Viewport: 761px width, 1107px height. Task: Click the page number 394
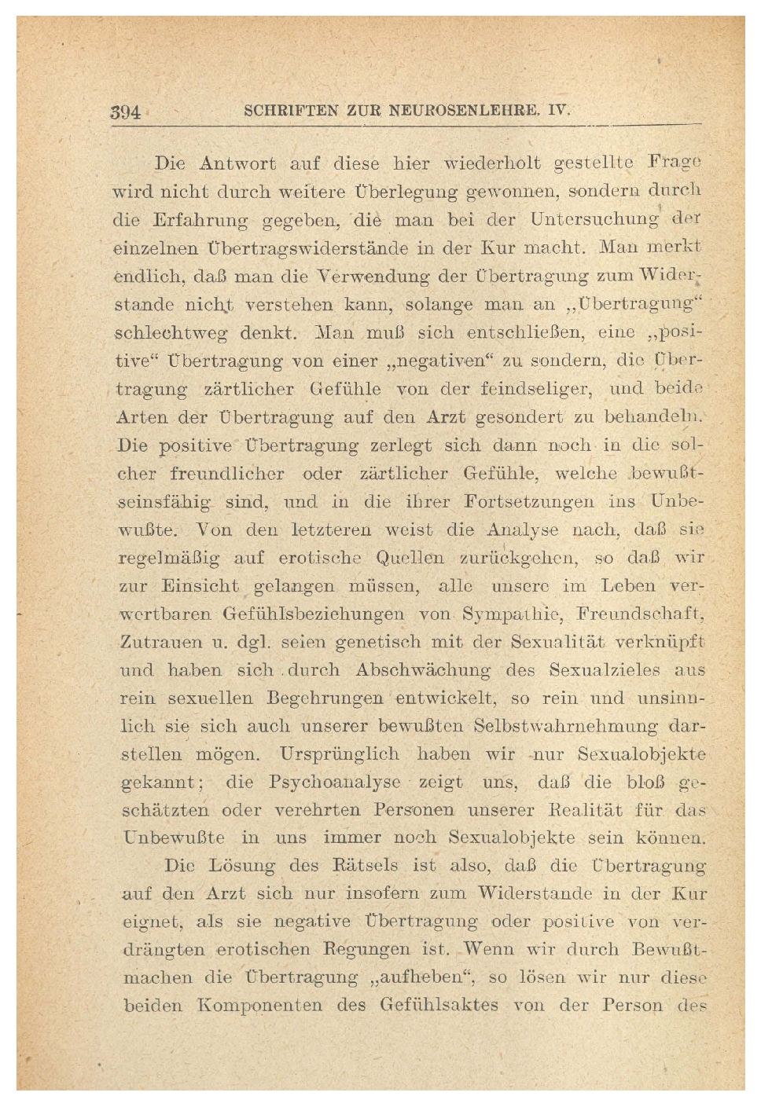pyautogui.click(x=125, y=112)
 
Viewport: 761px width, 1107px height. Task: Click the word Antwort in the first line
pyautogui.click(x=237, y=164)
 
